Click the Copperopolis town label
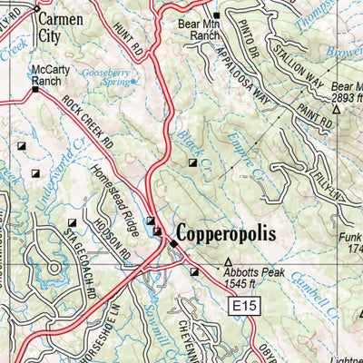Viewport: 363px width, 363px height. pyautogui.click(x=231, y=234)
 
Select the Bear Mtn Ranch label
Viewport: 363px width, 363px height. pyautogui.click(x=199, y=30)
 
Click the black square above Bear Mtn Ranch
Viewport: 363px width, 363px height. pyautogui.click(x=216, y=15)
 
